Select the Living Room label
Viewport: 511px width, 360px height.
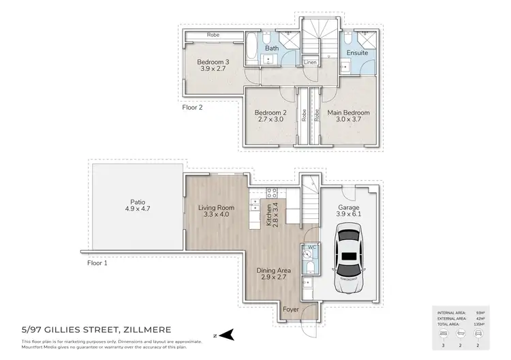click(x=216, y=207)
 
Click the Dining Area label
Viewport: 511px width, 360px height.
click(x=274, y=271)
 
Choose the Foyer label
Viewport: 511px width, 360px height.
click(x=291, y=309)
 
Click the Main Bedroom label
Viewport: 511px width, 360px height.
click(x=348, y=112)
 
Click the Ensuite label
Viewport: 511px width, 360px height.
click(x=357, y=52)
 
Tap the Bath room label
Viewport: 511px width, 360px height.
click(x=272, y=48)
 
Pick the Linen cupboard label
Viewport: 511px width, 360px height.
click(x=310, y=62)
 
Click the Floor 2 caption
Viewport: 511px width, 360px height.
click(x=192, y=107)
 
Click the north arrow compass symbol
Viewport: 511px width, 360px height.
click(x=230, y=334)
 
